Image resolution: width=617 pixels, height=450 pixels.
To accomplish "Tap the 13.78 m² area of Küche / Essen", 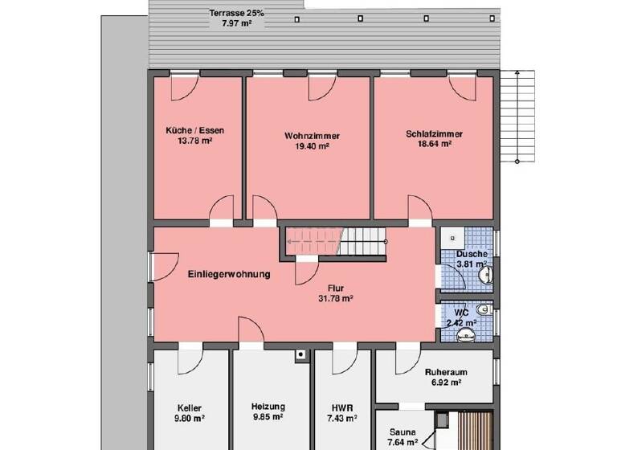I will pos(194,141).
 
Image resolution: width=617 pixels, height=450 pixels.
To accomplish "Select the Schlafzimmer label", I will pos(434,134).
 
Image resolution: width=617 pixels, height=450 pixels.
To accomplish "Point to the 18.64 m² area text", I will pos(434,145).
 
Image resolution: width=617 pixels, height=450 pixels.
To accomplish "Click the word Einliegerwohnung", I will pos(229,274).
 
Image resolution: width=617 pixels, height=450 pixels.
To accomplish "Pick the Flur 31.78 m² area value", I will pos(336,297).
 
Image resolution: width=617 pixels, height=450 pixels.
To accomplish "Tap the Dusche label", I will pos(472,254).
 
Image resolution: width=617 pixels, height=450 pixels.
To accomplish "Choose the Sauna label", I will pos(403,432).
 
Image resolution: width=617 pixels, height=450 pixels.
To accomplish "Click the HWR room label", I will pos(342,407).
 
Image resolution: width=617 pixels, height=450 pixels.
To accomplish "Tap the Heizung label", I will pos(268,407).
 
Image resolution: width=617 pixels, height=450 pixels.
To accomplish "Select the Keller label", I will pos(190,407).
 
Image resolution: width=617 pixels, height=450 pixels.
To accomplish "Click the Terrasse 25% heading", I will pos(236,14).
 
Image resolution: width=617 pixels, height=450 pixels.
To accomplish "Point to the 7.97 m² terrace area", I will pos(236,24).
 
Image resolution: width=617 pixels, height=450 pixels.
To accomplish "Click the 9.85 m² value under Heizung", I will pos(268,417).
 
